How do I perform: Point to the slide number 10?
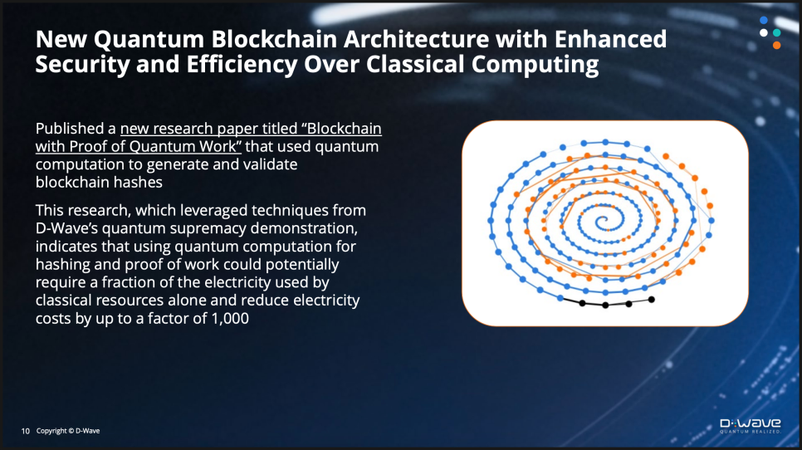pyautogui.click(x=26, y=431)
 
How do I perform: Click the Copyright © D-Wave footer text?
pyautogui.click(x=68, y=431)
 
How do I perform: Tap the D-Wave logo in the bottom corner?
pyautogui.click(x=751, y=425)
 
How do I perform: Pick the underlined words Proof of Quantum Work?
pyautogui.click(x=155, y=147)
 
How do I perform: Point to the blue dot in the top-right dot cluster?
pyautogui.click(x=764, y=21)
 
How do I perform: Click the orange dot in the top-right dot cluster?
pyautogui.click(x=777, y=46)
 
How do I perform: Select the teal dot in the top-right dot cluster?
pyautogui.click(x=777, y=32)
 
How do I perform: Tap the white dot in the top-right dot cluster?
pyautogui.click(x=764, y=32)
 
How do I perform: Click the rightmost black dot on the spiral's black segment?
pyautogui.click(x=651, y=300)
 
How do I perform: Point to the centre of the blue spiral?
pyautogui.click(x=604, y=222)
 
